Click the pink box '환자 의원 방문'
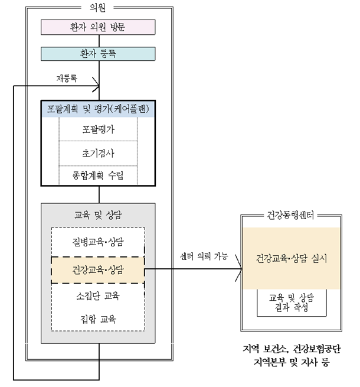click(98, 27)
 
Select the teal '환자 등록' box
click(98, 54)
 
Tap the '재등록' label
click(67, 78)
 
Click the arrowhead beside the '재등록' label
click(96, 84)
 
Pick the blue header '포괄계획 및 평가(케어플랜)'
click(98, 109)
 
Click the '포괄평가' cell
click(98, 129)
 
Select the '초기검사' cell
click(98, 153)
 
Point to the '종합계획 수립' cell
click(98, 175)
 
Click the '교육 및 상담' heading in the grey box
click(98, 215)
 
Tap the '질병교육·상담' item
click(98, 242)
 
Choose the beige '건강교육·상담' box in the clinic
click(98, 270)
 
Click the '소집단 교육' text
click(98, 295)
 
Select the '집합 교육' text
click(98, 319)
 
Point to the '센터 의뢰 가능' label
click(204, 256)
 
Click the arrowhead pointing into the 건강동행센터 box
click(239, 269)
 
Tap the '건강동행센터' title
click(291, 215)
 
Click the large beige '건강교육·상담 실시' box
click(291, 258)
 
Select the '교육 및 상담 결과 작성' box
click(292, 303)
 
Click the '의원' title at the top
click(97, 8)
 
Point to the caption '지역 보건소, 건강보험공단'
click(292, 349)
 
